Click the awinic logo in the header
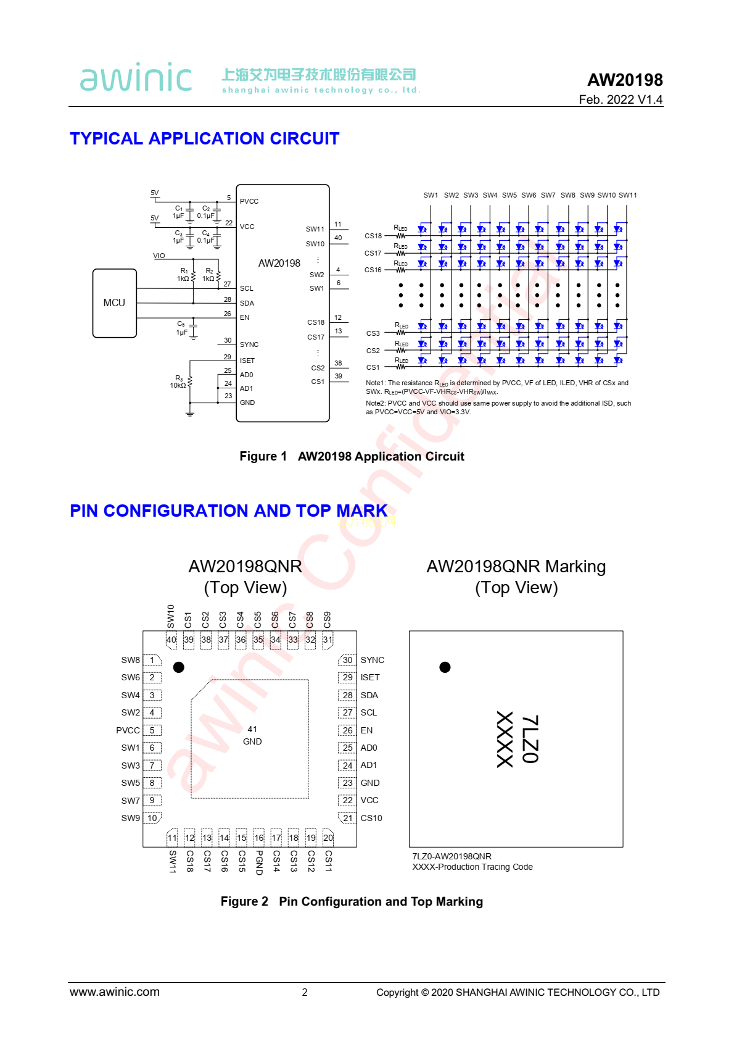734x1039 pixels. [136, 78]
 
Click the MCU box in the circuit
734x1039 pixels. [114, 303]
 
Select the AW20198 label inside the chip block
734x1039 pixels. [279, 263]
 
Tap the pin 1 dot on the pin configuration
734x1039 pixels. [179, 667]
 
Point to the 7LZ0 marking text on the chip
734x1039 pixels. [530, 739]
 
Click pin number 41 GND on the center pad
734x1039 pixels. [252, 729]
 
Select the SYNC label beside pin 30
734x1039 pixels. [372, 660]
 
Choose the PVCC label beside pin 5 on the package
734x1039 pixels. [128, 730]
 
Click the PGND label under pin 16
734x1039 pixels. [259, 862]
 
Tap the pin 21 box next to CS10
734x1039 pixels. [348, 818]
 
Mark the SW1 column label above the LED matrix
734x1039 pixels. [431, 195]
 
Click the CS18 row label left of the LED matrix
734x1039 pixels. [373, 236]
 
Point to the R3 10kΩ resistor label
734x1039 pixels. [178, 382]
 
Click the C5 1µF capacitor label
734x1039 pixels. [181, 328]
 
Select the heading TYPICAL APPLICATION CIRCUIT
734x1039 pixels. [204, 138]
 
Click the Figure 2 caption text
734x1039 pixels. [352, 901]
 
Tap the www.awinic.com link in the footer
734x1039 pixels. [115, 992]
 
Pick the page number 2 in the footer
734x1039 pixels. [305, 992]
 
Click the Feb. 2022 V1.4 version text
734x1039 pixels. [620, 99]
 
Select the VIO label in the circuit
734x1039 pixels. [159, 256]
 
